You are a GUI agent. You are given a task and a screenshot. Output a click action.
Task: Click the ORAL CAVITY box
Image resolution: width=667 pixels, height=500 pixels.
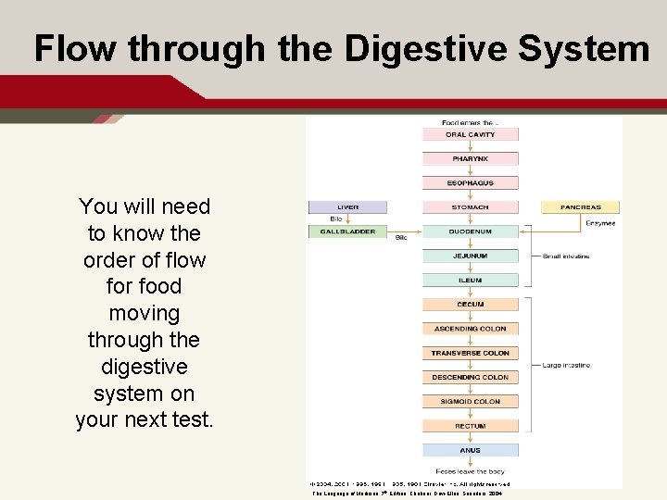click(x=470, y=134)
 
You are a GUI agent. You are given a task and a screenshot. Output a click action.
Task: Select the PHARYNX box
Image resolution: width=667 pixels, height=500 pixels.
click(x=470, y=158)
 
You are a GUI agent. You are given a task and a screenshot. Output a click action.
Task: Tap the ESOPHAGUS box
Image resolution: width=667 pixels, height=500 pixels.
click(x=470, y=183)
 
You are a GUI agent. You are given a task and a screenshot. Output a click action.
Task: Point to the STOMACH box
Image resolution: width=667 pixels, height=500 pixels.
click(x=470, y=207)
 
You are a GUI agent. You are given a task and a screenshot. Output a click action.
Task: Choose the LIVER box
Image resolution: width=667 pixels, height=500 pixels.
click(x=347, y=207)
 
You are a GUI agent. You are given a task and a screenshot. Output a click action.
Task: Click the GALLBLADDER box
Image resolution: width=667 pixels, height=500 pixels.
click(x=347, y=231)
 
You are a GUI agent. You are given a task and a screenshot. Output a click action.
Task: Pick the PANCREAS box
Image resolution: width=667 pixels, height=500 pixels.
click(x=580, y=207)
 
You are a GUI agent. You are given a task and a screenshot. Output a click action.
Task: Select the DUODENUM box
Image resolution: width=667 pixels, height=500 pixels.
click(x=470, y=231)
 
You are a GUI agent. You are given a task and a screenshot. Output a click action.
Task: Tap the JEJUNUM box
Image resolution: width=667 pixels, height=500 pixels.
click(x=470, y=256)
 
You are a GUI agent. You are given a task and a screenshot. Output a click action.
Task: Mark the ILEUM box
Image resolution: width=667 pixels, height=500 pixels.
click(x=470, y=280)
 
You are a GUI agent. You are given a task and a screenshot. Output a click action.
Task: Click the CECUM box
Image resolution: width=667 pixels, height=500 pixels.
click(x=470, y=305)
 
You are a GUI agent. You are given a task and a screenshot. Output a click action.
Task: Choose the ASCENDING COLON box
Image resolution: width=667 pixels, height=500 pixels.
click(x=470, y=329)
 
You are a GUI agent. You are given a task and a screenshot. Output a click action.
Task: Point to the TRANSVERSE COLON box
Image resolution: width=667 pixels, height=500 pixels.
click(x=470, y=353)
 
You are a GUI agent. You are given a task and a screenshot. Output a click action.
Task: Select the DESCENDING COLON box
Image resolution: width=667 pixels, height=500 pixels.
click(x=470, y=377)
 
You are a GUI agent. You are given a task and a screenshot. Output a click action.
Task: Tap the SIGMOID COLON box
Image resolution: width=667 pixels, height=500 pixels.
click(x=470, y=402)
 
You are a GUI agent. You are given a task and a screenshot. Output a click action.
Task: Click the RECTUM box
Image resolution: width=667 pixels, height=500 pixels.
click(x=470, y=426)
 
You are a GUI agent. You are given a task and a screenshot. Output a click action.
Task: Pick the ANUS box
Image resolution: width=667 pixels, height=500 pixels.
click(x=470, y=450)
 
